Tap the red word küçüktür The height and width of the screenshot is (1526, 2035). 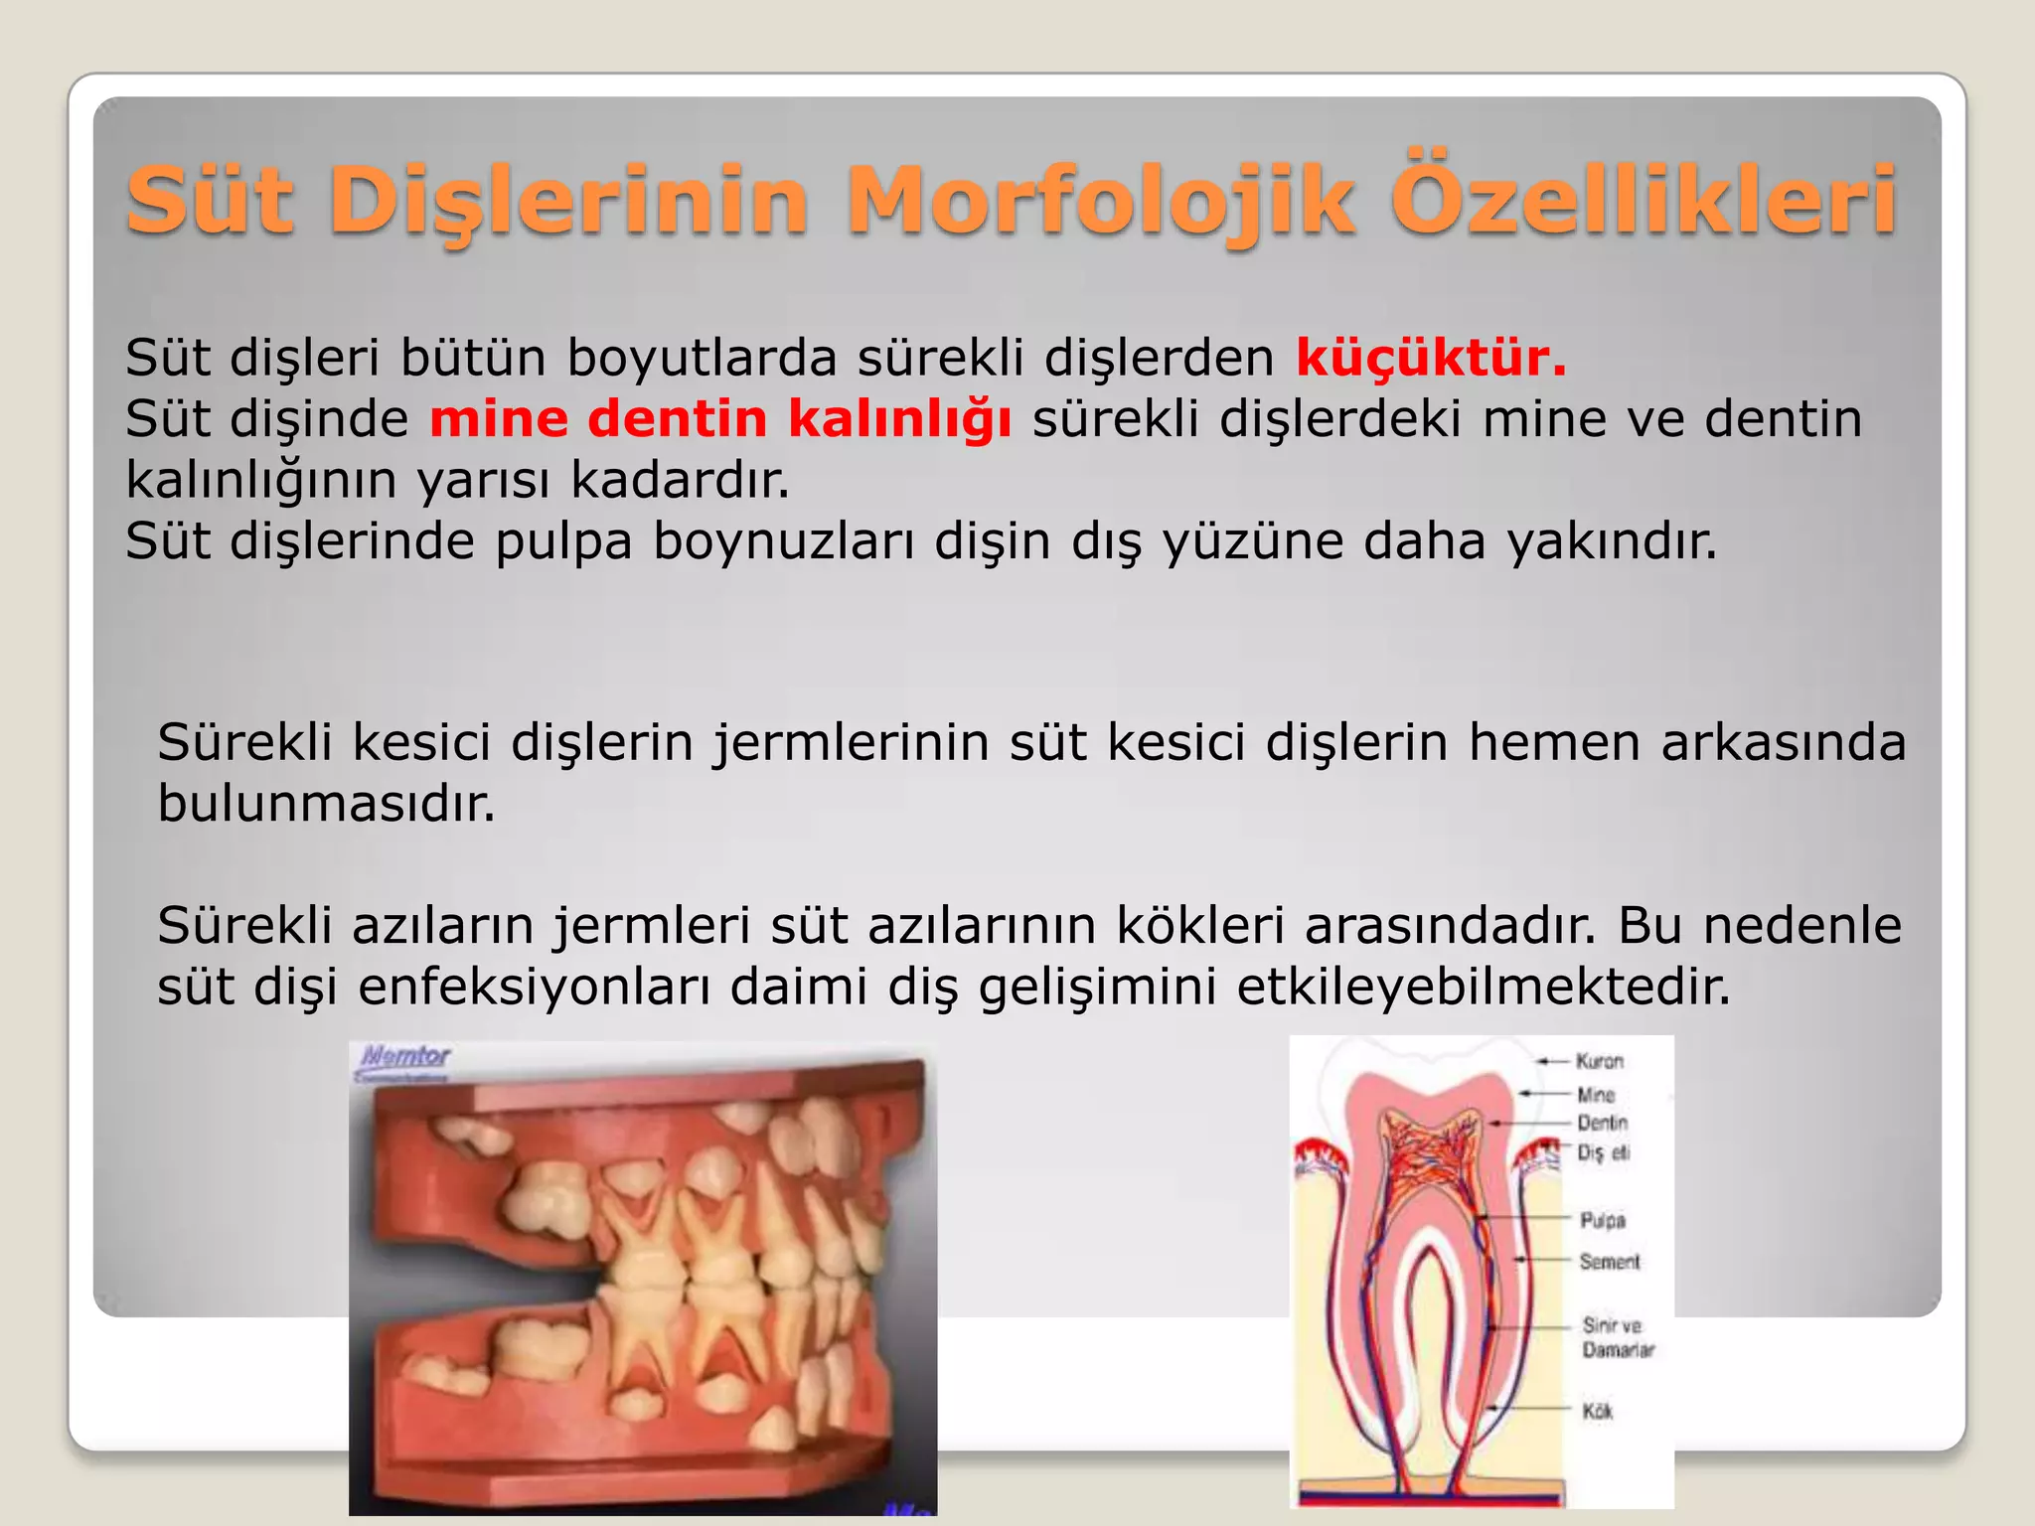click(x=1431, y=358)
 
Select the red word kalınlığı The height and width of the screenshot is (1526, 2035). click(x=900, y=419)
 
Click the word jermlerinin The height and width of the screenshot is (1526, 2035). click(x=851, y=743)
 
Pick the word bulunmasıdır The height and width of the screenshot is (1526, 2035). click(x=326, y=803)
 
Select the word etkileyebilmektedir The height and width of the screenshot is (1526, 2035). click(x=1484, y=987)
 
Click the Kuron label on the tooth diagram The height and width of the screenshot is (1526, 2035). click(x=1599, y=1061)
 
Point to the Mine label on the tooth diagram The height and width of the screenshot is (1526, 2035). click(x=1596, y=1095)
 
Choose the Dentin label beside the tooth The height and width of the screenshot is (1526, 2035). click(x=1602, y=1123)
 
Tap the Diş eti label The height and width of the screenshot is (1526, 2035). click(x=1604, y=1152)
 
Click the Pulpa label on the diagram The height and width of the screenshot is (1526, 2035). click(x=1603, y=1220)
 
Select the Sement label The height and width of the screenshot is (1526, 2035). click(x=1610, y=1262)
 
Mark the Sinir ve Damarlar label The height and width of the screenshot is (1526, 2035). click(x=1618, y=1337)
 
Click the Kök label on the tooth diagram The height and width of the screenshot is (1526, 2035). click(x=1598, y=1411)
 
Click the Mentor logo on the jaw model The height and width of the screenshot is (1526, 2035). click(x=405, y=1057)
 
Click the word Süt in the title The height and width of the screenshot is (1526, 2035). click(x=210, y=202)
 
